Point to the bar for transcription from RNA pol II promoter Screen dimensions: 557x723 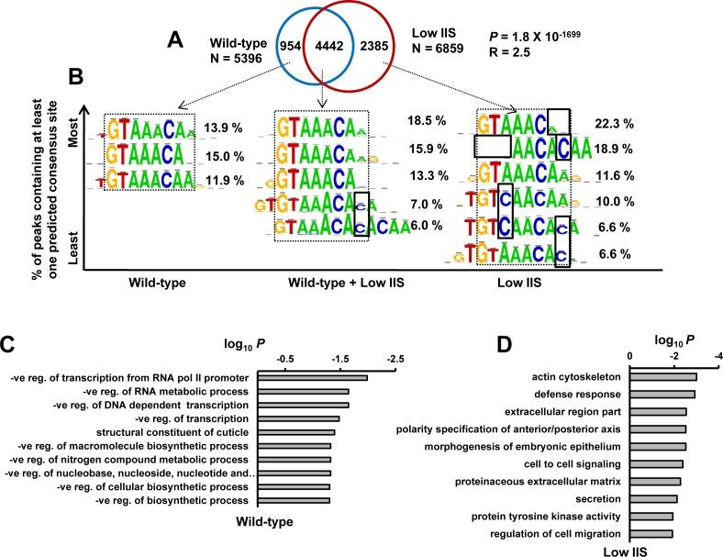[312, 377]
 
